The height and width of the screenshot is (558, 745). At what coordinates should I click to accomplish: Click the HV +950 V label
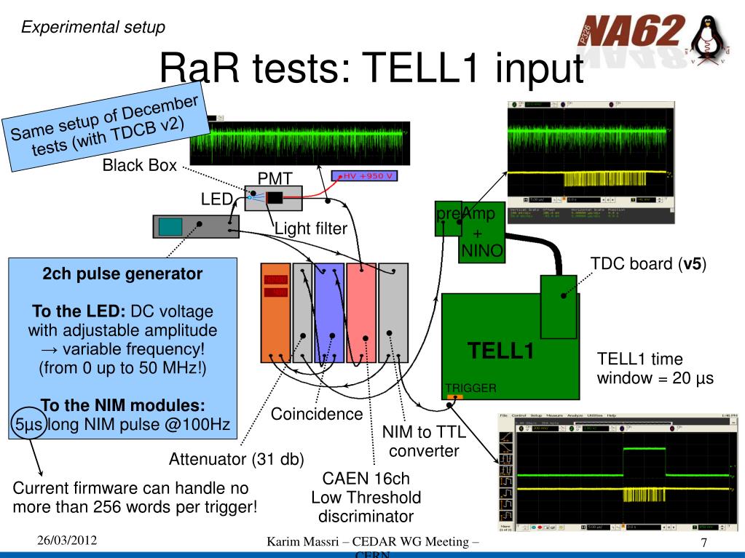(364, 176)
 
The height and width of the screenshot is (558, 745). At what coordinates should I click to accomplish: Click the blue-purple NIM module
(328, 312)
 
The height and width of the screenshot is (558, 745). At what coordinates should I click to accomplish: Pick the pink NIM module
(361, 312)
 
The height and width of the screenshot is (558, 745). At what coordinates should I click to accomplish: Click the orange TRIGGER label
(470, 388)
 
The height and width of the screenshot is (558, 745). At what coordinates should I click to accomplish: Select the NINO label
(478, 252)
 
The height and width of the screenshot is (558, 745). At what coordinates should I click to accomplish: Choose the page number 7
(703, 543)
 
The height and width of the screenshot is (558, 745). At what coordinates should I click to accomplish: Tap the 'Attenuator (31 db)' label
(236, 459)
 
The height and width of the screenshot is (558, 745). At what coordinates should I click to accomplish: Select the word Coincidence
(317, 414)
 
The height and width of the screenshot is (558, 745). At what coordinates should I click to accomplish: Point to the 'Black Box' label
(139, 165)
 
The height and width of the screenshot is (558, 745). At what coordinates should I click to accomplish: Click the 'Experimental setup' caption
(92, 27)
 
